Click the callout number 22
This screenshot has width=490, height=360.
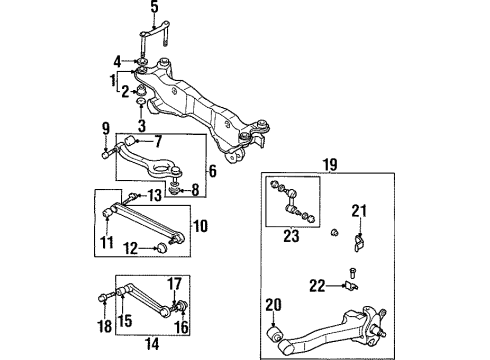tap(318, 286)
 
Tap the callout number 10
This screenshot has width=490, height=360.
tap(199, 226)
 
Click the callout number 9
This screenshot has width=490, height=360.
tap(106, 128)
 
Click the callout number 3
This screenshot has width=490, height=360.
tap(141, 125)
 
